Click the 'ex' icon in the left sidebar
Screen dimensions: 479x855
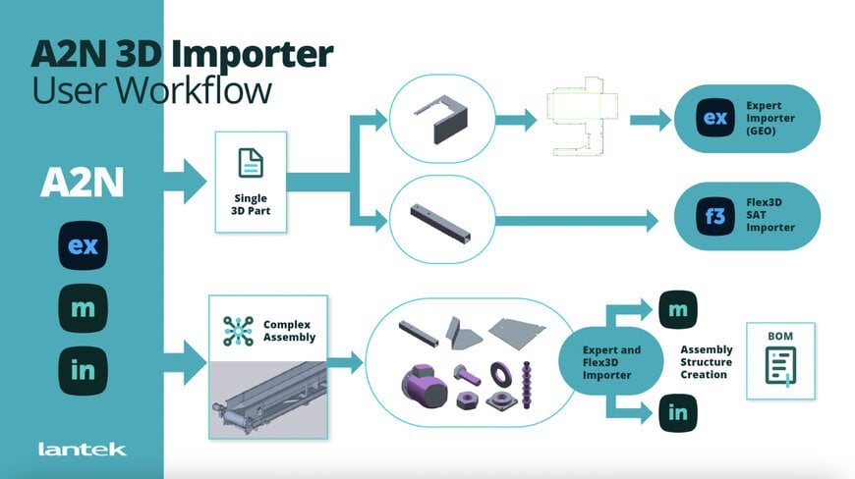(83, 245)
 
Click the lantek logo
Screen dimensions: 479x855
(82, 450)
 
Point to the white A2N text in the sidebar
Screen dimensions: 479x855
(82, 184)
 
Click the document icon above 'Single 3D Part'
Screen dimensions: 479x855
(251, 163)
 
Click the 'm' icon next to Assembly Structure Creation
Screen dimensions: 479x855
(677, 309)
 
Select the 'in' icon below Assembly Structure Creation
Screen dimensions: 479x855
(677, 412)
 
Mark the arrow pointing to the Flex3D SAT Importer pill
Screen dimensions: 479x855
(580, 221)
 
